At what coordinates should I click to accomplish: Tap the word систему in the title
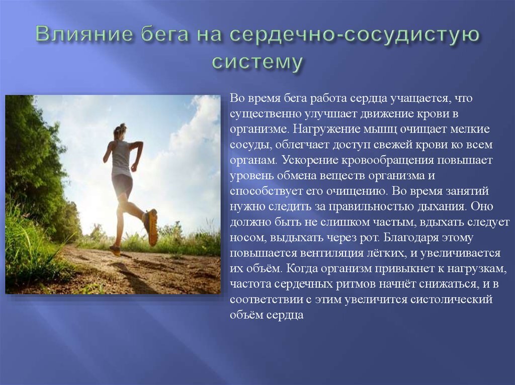pyautogui.click(x=257, y=62)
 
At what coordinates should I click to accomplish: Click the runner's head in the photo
pyautogui.click(x=119, y=132)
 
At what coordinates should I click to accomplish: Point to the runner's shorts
pyautogui.click(x=122, y=184)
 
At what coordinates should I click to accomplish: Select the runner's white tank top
pyautogui.click(x=121, y=158)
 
